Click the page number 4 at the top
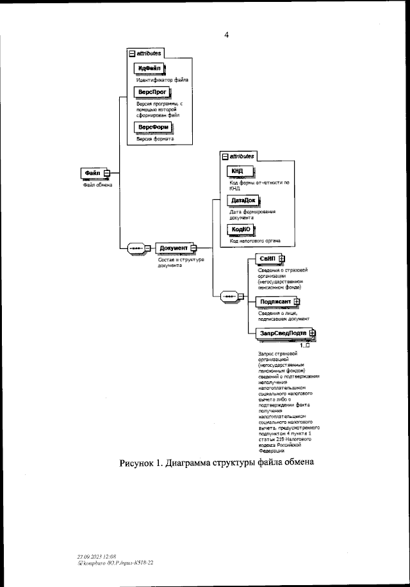pos(226,35)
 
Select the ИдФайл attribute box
pos(149,68)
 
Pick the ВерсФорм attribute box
pos(154,127)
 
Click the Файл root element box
pos(92,173)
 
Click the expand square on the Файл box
pos(107,173)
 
